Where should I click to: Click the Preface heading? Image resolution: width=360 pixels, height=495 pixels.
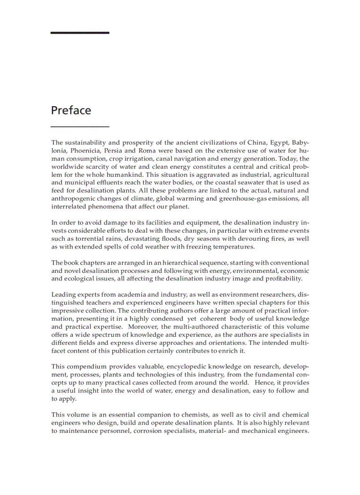[x=71, y=110]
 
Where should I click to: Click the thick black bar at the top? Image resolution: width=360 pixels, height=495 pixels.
[x=80, y=33]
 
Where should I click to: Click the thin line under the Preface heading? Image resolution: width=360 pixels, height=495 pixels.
[x=80, y=127]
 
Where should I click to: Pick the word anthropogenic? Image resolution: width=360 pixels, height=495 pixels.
[x=72, y=198]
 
